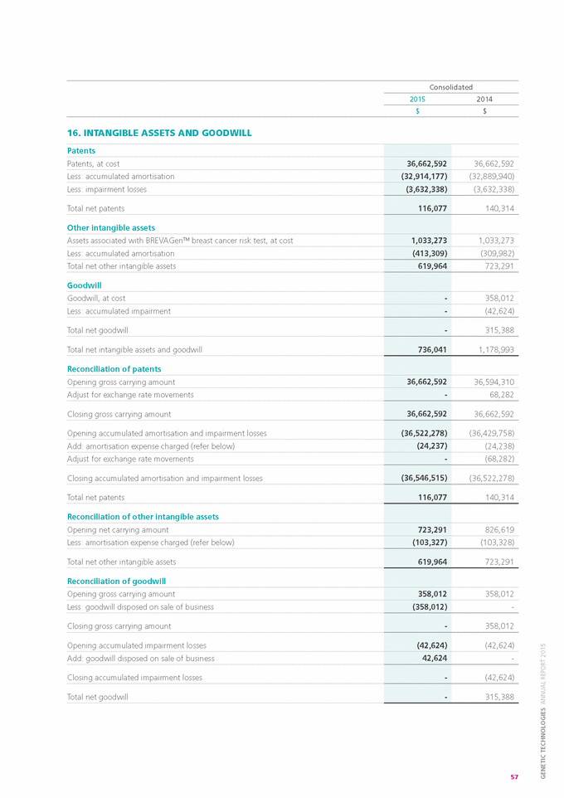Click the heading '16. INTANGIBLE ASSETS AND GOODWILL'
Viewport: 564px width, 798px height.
point(159,133)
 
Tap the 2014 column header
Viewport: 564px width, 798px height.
point(484,100)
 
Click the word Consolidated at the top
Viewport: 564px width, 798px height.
point(450,87)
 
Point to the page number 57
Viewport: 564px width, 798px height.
point(514,776)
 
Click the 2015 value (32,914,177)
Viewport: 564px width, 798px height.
point(419,176)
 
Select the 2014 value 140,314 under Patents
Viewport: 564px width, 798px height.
point(496,208)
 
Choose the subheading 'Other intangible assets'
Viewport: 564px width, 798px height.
point(110,227)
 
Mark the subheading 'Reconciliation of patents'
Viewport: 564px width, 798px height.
point(114,369)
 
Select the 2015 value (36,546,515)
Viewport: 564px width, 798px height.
point(419,478)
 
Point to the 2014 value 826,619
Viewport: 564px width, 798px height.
point(496,529)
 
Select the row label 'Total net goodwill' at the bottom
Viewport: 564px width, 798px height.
point(97,697)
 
